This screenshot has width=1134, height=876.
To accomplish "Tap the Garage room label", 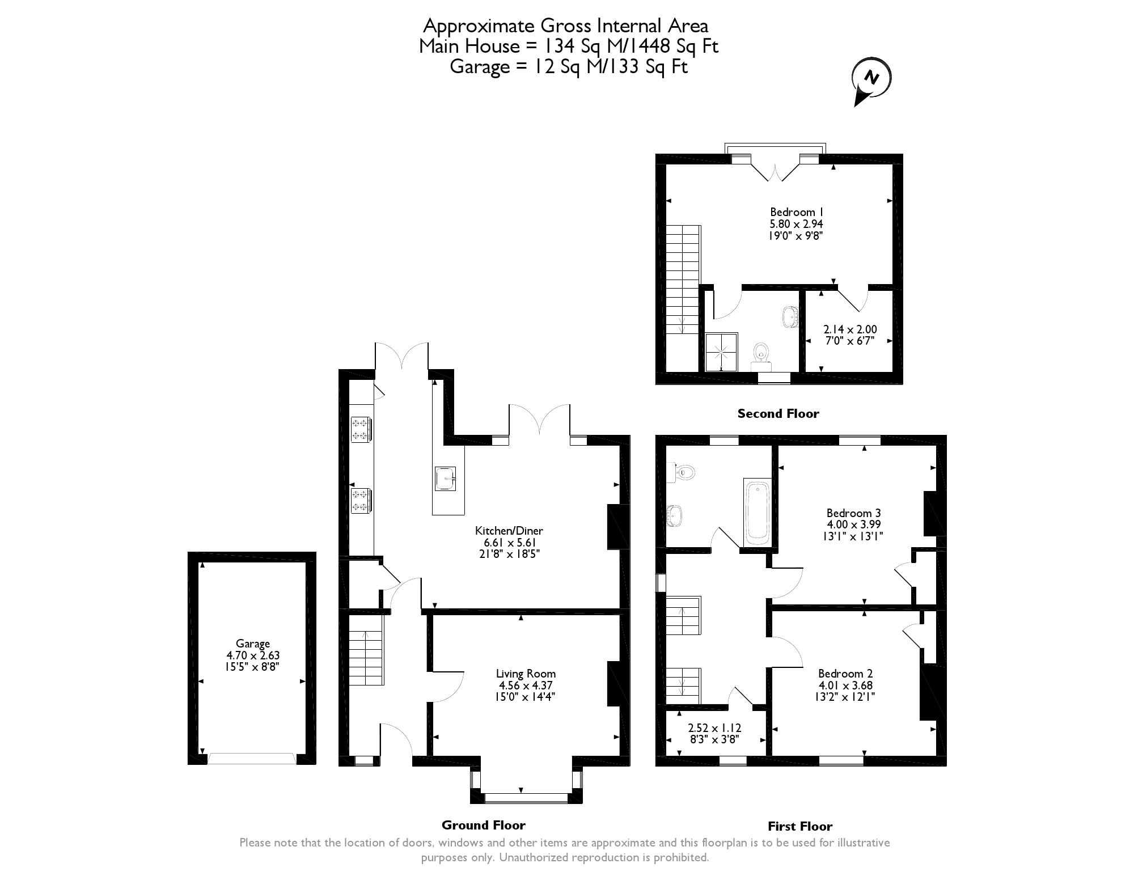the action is tap(253, 644).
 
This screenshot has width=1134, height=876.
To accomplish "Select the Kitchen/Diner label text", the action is tap(509, 531).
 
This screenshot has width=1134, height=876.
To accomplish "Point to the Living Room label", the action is tap(526, 674).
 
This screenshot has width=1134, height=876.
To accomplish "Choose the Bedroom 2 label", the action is tap(845, 674).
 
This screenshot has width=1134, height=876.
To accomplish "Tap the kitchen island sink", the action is tap(445, 479).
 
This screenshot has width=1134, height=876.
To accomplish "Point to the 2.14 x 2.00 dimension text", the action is tap(849, 329).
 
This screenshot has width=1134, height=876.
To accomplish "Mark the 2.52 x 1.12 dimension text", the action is tap(714, 728).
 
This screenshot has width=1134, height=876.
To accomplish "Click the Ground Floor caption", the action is tap(483, 825).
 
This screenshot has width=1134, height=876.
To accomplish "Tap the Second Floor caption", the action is tap(778, 414).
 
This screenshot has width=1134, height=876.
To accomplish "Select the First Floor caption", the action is tap(799, 826).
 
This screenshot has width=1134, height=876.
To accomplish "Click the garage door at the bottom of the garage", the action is tap(251, 758).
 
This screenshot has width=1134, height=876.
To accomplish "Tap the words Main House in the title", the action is tap(469, 46).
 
